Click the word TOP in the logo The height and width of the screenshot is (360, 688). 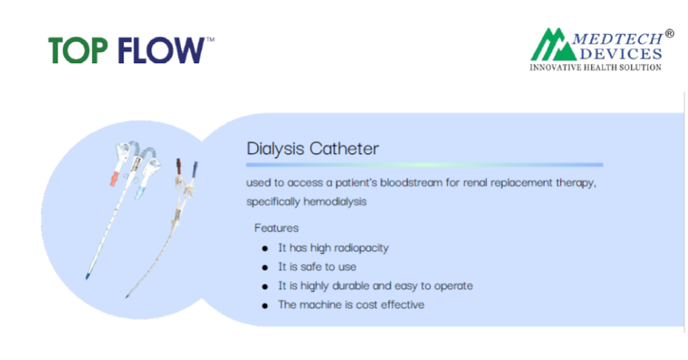tap(78, 50)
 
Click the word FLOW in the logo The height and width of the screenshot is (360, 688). tap(161, 50)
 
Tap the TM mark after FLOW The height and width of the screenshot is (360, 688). tap(210, 40)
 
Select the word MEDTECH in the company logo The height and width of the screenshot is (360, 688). tap(617, 39)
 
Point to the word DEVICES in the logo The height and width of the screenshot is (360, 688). tap(621, 54)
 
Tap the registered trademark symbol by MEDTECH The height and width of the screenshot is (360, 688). tap(669, 34)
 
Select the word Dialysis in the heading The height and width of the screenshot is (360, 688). tap(275, 149)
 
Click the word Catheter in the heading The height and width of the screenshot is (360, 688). tap(344, 148)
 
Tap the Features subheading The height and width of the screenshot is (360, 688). tap(277, 228)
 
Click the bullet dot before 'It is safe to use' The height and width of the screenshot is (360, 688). tap(265, 267)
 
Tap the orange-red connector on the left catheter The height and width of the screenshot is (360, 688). tap(114, 178)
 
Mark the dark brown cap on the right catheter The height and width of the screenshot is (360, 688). tap(178, 166)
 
